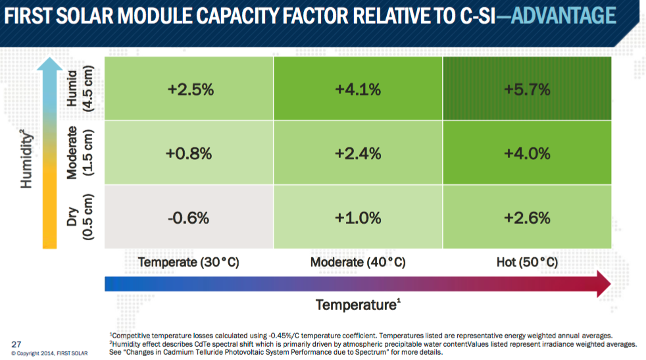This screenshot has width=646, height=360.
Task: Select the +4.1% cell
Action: pyautogui.click(x=357, y=90)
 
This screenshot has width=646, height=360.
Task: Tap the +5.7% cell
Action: pyautogui.click(x=527, y=90)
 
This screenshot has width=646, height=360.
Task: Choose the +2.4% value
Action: pyautogui.click(x=357, y=153)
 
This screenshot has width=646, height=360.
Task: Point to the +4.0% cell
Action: pyautogui.click(x=527, y=153)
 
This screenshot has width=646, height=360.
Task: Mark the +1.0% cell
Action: pyautogui.click(x=357, y=217)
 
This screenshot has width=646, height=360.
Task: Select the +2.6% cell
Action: pyautogui.click(x=527, y=217)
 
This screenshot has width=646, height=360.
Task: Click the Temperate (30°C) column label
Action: pyautogui.click(x=188, y=262)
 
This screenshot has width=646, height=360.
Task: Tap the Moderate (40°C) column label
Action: pyautogui.click(x=357, y=262)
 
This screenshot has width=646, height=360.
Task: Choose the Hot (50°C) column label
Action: pyautogui.click(x=526, y=262)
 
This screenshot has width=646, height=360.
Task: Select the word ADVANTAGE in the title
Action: pyautogui.click(x=564, y=15)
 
